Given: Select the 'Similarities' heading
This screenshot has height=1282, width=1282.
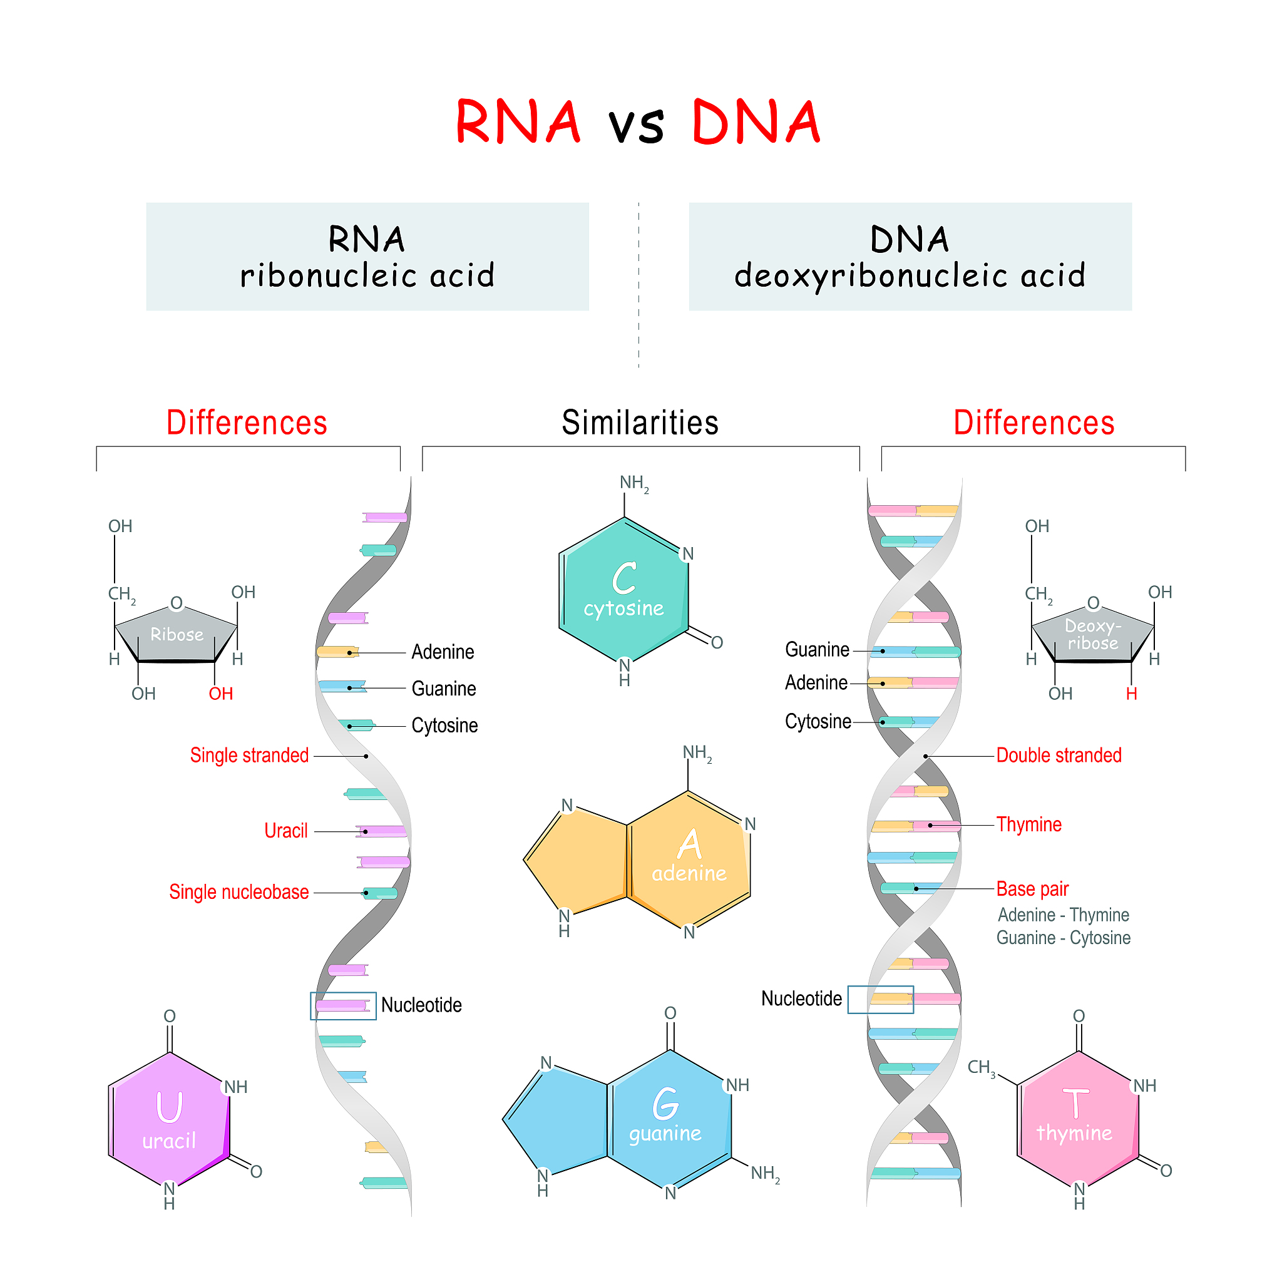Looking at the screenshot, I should tap(640, 423).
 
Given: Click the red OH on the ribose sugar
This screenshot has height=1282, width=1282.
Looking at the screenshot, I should tap(221, 694).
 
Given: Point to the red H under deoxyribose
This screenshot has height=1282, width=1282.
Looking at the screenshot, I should tap(1131, 694).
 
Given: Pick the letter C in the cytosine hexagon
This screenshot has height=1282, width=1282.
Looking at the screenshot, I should tap(623, 578).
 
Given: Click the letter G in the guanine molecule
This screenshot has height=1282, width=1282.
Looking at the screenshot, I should tap(665, 1104).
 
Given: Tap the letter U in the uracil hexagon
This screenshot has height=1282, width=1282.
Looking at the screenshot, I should tap(169, 1107).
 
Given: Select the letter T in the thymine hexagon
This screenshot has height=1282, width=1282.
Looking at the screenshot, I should tap(1075, 1103).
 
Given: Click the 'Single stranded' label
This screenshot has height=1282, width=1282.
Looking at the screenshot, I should tap(250, 755).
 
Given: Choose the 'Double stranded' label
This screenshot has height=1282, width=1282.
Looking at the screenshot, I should tap(1059, 755).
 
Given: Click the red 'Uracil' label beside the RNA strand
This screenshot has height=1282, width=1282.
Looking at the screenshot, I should tap(286, 831).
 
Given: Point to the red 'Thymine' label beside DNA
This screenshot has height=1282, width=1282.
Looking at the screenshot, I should tap(1028, 824).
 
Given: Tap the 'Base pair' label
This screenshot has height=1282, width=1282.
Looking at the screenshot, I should tap(1032, 888).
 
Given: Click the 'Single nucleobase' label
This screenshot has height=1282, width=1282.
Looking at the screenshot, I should tap(239, 892).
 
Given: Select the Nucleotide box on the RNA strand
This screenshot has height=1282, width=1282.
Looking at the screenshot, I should tap(343, 1005).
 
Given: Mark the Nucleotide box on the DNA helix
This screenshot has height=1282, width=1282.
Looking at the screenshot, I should tap(881, 999).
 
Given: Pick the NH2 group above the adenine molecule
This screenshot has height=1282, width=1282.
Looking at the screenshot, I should tap(697, 753).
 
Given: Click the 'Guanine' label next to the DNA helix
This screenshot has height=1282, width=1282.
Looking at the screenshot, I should tap(817, 650).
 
